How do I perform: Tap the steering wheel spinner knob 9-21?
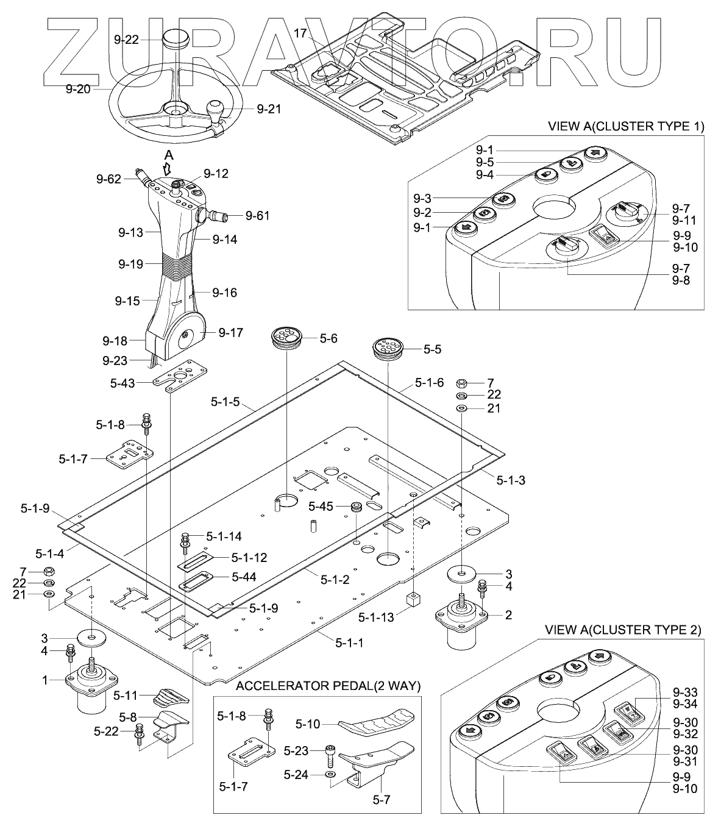tap(216, 114)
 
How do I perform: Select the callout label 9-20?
tap(78, 89)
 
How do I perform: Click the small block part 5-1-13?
tap(413, 600)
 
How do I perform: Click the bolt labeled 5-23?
tap(330, 755)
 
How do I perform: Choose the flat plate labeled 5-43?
tap(180, 376)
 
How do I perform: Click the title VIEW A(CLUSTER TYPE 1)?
tap(626, 127)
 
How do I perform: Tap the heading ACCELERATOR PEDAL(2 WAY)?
tap(328, 686)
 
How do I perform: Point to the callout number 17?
tap(300, 34)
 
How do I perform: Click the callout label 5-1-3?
tap(511, 480)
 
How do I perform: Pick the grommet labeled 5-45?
tap(356, 507)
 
